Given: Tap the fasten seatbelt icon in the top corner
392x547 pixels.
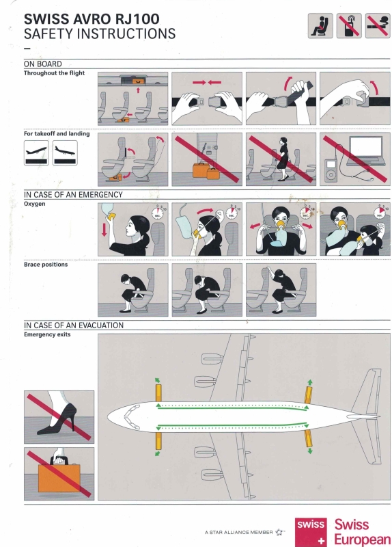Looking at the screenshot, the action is [x=320, y=25].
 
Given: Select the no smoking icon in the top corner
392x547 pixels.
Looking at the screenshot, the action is [x=378, y=25].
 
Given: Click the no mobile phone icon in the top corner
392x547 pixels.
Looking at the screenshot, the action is [x=349, y=25].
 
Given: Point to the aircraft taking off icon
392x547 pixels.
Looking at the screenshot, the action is [x=36, y=152].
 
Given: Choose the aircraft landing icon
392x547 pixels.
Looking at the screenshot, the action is [x=65, y=152].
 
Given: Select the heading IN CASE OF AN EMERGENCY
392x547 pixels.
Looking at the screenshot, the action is [x=73, y=194].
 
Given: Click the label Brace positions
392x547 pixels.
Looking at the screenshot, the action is [x=46, y=265].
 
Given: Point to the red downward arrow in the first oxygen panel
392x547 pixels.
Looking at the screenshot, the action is [x=104, y=230].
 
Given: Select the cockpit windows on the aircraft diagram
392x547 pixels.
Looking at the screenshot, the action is [x=132, y=416].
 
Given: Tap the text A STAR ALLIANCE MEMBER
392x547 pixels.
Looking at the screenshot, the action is [x=239, y=533].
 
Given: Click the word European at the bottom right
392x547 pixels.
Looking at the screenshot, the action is [x=363, y=539].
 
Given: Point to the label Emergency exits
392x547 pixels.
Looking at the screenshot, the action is [x=47, y=334].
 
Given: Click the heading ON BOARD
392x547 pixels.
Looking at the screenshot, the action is [x=43, y=64].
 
